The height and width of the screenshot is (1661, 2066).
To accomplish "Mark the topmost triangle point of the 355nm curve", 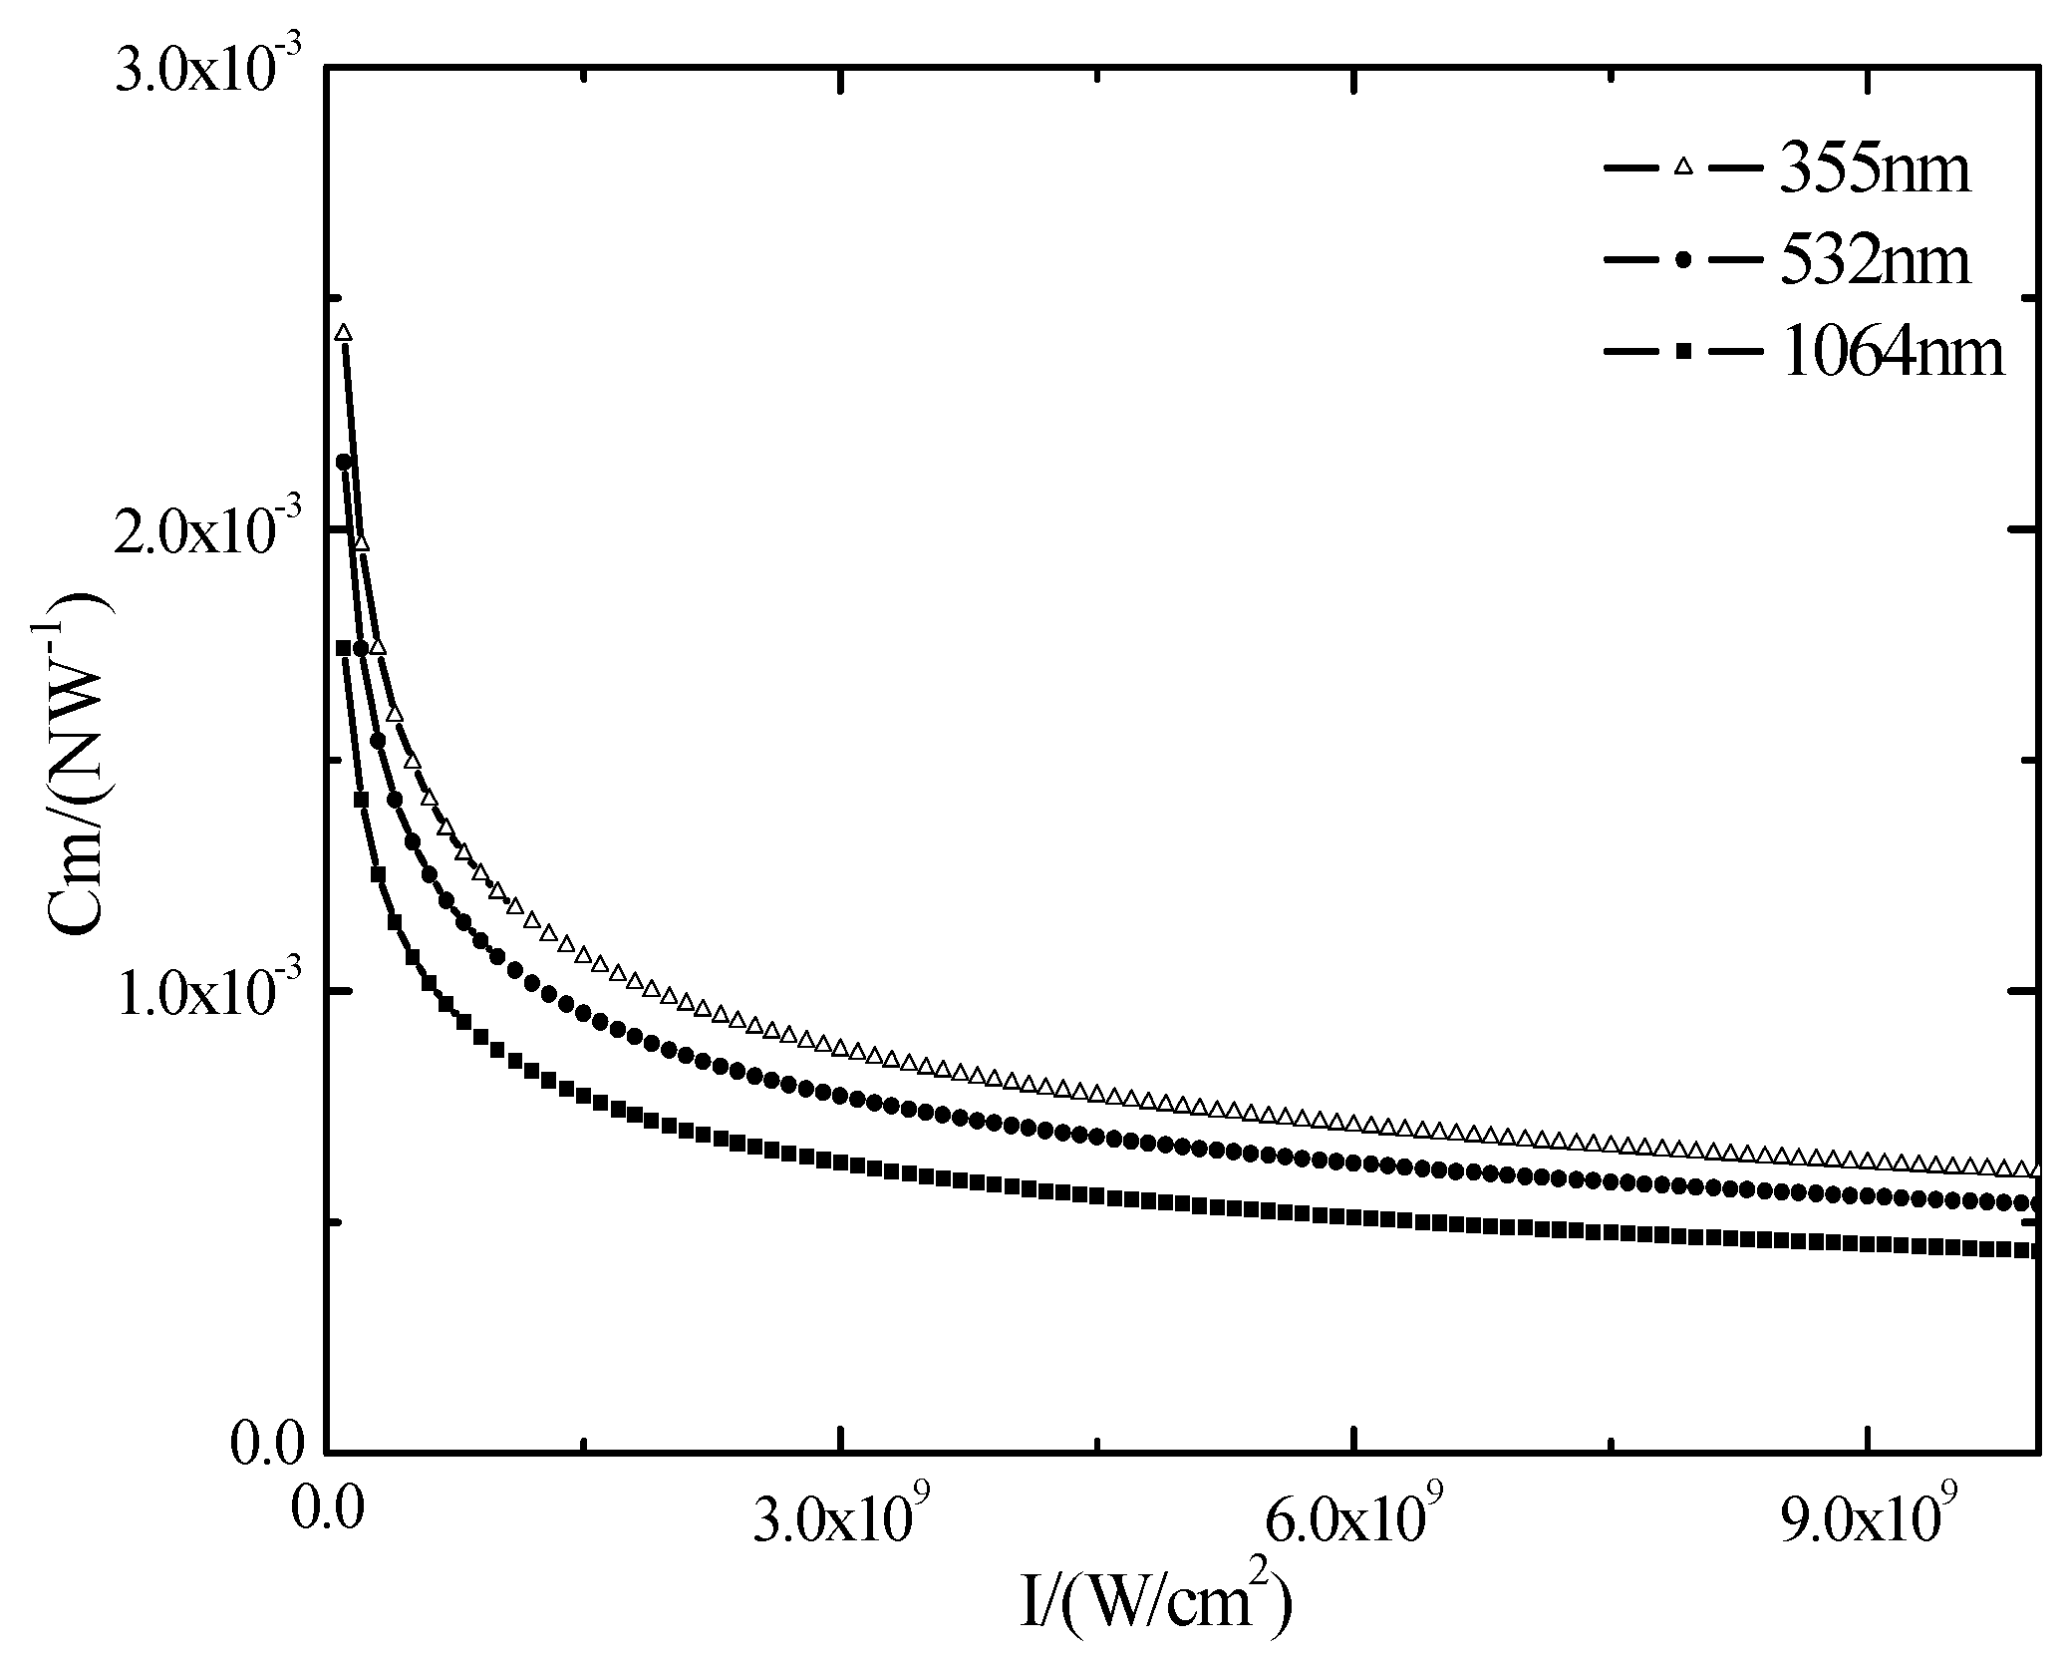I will pos(343,332).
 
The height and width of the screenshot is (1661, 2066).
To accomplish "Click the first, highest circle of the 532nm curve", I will pos(344,462).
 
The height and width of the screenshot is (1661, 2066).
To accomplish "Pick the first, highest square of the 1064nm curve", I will pos(343,647).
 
